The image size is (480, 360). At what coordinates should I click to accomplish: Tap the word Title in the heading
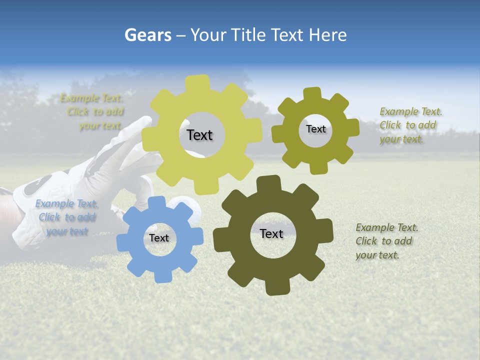pos(249,35)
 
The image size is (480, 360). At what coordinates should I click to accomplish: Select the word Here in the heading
pos(328,35)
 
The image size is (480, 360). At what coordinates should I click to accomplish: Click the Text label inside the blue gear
pos(159,238)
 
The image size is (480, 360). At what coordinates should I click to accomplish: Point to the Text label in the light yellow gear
pos(199,135)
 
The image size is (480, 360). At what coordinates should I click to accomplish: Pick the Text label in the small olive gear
pos(316,129)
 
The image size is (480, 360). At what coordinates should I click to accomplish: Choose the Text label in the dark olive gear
pos(271,233)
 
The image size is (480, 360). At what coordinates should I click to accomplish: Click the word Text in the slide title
pos(289,35)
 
